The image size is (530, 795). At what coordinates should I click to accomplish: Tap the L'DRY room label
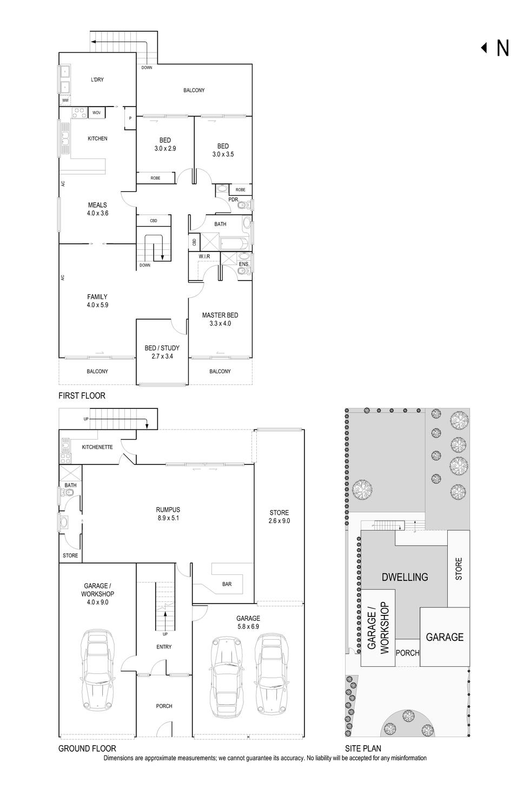point(97,80)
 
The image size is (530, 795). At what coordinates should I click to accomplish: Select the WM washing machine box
point(65,101)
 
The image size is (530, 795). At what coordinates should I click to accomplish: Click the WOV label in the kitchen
point(96,112)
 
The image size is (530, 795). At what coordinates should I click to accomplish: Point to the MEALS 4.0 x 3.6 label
point(97,209)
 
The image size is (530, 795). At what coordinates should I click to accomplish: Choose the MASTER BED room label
point(220,320)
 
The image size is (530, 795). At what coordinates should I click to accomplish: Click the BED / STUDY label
point(162,352)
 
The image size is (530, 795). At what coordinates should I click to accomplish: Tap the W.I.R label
point(204,256)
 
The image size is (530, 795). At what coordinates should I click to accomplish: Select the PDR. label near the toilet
point(234,200)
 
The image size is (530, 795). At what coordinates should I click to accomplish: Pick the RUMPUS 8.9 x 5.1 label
point(168,513)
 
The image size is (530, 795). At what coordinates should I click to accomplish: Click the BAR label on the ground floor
point(227,584)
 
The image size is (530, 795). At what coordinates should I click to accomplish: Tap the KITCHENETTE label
point(97,447)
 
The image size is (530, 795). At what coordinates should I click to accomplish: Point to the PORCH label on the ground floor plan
point(164,706)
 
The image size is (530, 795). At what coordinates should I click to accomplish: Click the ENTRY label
point(164,647)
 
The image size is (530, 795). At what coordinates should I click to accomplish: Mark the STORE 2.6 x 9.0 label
point(279,516)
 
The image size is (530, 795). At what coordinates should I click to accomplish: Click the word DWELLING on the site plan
point(405,577)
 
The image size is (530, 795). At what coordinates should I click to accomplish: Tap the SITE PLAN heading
point(363,749)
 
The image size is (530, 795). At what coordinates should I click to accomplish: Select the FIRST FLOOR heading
point(82,396)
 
